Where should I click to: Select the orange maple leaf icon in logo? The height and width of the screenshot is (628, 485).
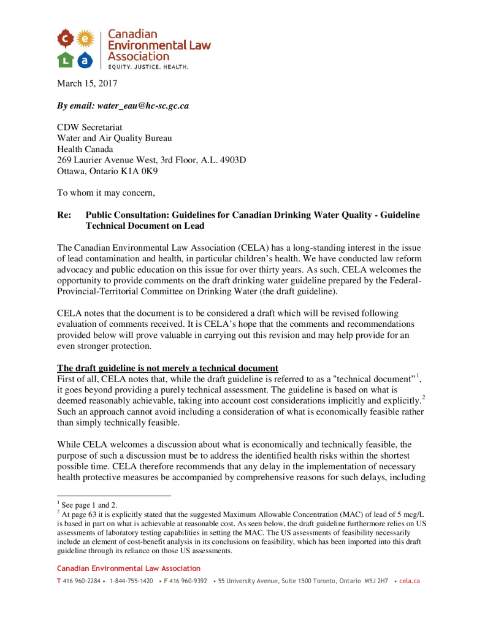click(x=64, y=40)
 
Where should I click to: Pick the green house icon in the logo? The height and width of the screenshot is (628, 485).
click(x=64, y=60)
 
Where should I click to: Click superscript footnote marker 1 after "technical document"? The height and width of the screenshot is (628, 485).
click(x=418, y=375)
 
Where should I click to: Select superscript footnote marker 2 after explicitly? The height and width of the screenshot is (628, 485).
click(x=422, y=397)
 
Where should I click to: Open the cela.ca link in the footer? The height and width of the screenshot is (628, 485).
click(x=409, y=581)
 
